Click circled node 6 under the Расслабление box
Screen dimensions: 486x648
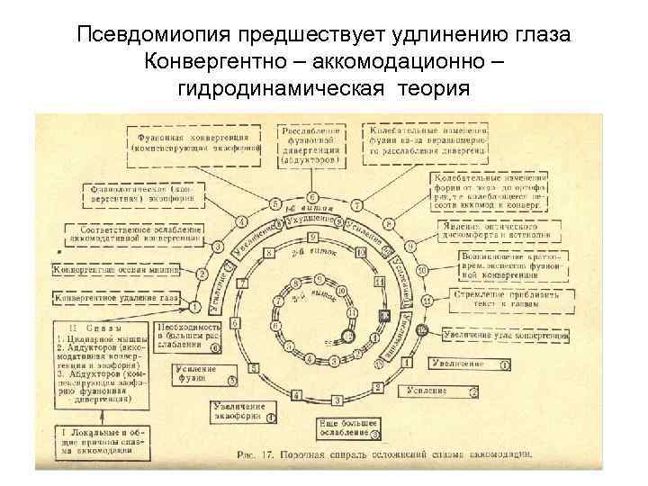click(312, 197)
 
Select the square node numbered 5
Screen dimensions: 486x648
click(255, 369)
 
